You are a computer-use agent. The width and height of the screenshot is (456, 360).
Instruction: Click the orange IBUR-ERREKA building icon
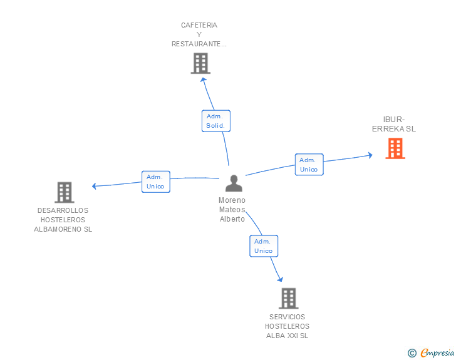tap(395, 148)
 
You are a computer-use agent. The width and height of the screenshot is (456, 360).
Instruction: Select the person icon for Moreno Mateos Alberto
tap(234, 183)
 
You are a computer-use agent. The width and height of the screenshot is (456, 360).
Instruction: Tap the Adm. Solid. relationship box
tap(216, 121)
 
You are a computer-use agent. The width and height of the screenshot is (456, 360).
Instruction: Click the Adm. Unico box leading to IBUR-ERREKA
tap(309, 165)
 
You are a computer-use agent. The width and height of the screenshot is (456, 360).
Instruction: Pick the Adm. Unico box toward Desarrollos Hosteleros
tap(156, 182)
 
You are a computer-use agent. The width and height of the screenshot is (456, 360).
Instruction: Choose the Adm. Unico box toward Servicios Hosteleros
tap(264, 246)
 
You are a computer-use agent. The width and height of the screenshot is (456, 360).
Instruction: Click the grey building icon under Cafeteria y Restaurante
tap(200, 63)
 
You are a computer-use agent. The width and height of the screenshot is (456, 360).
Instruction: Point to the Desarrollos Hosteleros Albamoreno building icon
tap(65, 192)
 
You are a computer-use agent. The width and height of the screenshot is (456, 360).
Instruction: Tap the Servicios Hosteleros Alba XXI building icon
tap(289, 299)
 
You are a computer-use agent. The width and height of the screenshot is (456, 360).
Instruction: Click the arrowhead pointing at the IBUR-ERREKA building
tap(371, 155)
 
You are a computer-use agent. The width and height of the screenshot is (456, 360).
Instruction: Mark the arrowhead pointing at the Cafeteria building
tap(204, 80)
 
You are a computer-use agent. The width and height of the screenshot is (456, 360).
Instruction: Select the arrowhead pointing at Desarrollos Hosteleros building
tap(94, 186)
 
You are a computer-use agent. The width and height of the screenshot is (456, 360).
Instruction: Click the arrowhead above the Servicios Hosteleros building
tap(281, 279)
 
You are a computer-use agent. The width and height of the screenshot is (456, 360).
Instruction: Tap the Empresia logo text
tap(437, 353)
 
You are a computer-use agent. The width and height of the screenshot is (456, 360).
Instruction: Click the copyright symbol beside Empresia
tap(412, 353)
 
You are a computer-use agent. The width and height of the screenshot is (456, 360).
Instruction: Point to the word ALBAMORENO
tap(58, 229)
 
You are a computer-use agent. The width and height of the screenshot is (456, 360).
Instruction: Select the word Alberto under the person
tap(232, 219)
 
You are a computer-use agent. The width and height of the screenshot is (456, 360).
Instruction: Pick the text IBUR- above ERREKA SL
tap(394, 119)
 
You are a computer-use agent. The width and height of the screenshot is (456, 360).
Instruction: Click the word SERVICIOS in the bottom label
tap(287, 317)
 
